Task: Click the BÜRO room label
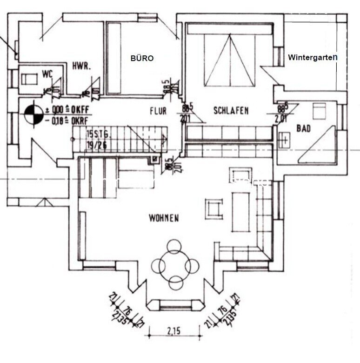[x=142, y=59]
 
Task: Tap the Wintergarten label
[x=312, y=58]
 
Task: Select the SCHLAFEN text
[x=231, y=111]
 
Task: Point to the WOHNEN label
[x=164, y=218]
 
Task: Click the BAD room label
[x=304, y=128]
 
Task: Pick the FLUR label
[x=158, y=112]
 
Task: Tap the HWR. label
[x=81, y=67]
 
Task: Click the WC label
[x=47, y=73]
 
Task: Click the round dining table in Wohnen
[x=175, y=265]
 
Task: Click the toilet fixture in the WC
[x=30, y=78]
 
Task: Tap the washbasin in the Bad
[x=284, y=139]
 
